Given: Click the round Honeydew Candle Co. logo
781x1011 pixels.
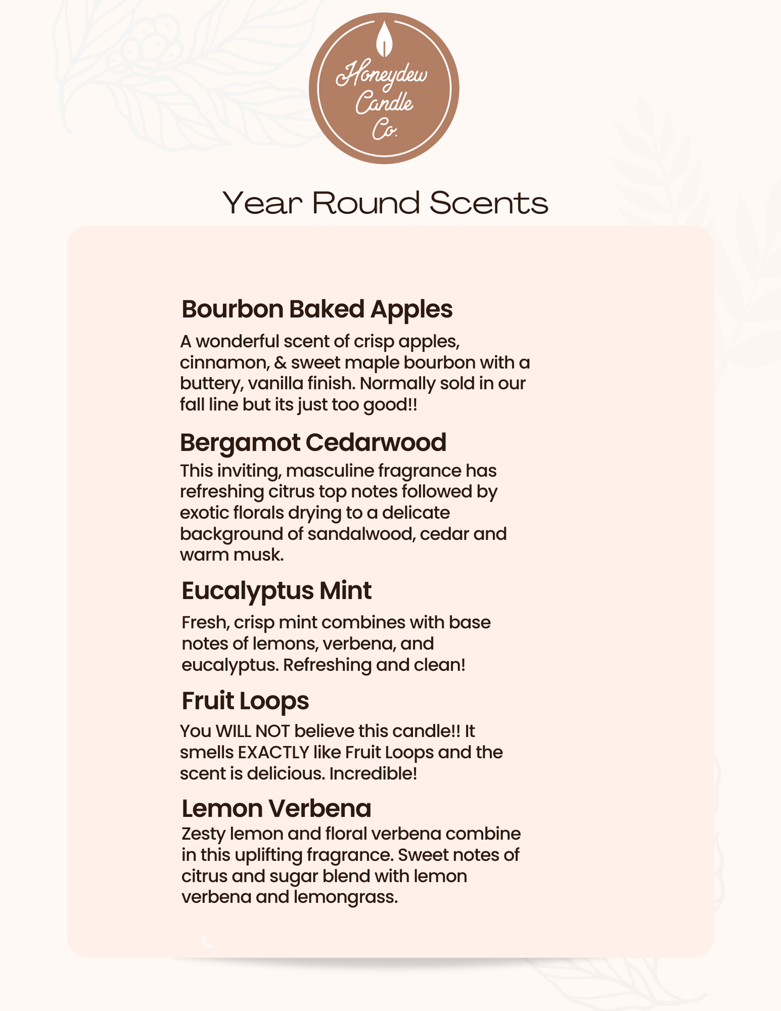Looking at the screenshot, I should pos(384,89).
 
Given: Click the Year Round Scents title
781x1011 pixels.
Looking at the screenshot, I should pos(385,203).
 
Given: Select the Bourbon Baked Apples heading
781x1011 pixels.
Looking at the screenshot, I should pos(317,309).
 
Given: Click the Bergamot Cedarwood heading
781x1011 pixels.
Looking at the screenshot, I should pos(313,442).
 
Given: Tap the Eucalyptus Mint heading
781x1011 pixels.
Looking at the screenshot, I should pos(276,590).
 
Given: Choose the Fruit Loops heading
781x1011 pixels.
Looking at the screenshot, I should pos(245,701).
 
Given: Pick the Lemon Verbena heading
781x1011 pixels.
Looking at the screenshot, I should pos(276,808).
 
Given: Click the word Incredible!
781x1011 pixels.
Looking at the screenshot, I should pos(373,773).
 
